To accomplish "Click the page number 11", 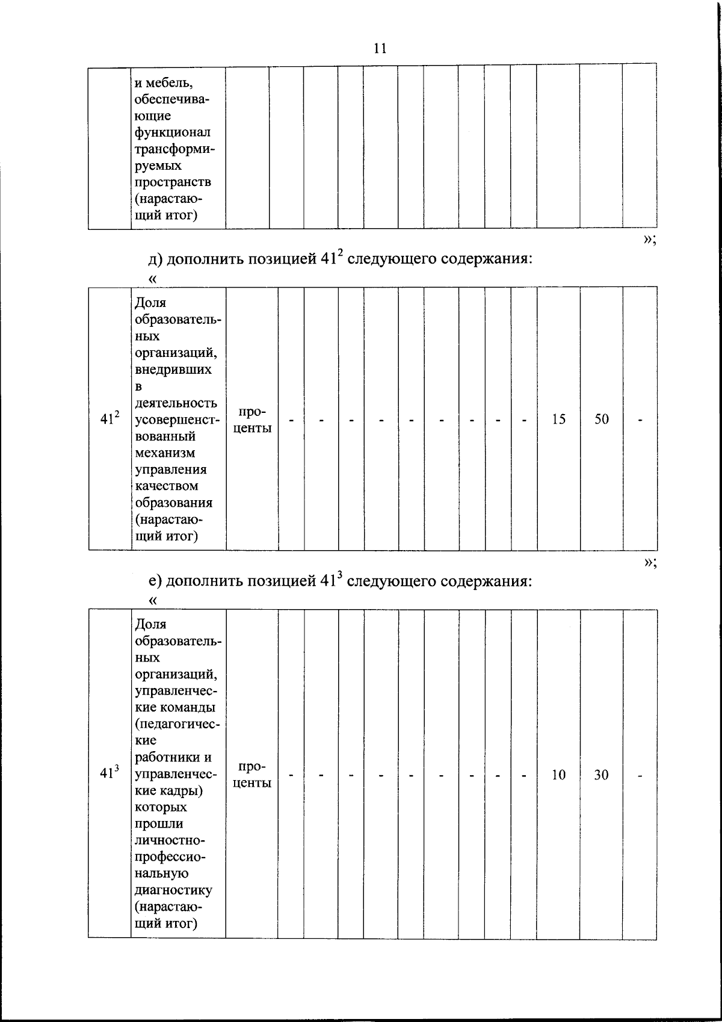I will [x=380, y=49].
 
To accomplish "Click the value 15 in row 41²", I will [x=558, y=420].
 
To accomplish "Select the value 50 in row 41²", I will [x=602, y=420].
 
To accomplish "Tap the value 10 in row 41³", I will [x=558, y=775].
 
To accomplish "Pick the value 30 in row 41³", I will [x=602, y=775].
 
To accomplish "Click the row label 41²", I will [x=110, y=419].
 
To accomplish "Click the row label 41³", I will [x=110, y=774].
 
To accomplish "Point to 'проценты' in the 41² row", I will [x=252, y=420].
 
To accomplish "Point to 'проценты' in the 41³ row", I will [x=252, y=775].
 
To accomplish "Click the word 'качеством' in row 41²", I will [x=167, y=486].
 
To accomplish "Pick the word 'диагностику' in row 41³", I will [x=173, y=890].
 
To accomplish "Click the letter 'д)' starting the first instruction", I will [x=155, y=259].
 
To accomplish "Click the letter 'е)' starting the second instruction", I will [x=155, y=581].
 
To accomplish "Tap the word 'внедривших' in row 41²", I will [x=173, y=370].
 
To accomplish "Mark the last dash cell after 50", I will [x=640, y=420].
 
